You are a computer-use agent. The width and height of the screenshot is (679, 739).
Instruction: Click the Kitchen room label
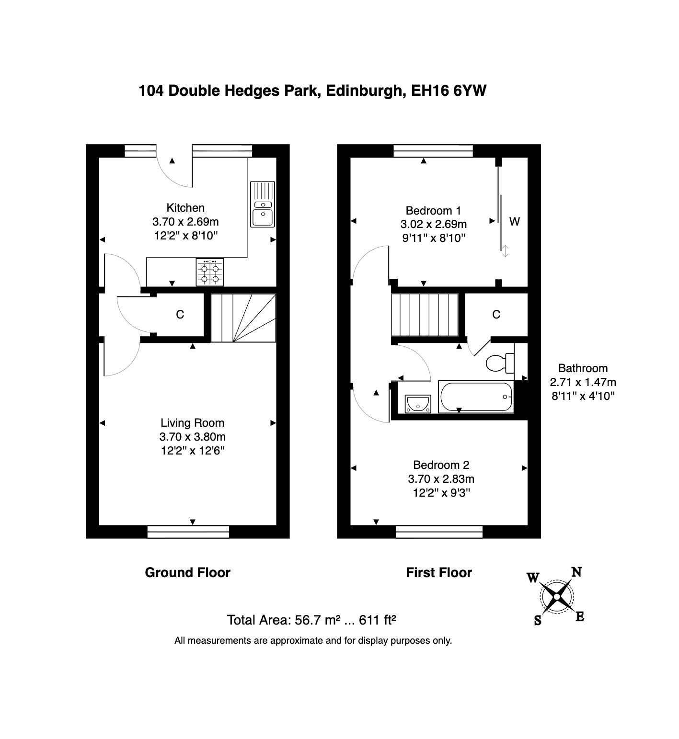pyautogui.click(x=185, y=208)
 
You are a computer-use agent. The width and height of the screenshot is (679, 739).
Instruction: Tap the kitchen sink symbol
pyautogui.click(x=263, y=204)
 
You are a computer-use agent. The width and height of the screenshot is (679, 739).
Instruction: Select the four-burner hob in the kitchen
pyautogui.click(x=210, y=272)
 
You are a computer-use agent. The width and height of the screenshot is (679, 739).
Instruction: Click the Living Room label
pyautogui.click(x=192, y=423)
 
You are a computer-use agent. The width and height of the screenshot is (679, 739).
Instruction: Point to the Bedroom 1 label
pyautogui.click(x=433, y=211)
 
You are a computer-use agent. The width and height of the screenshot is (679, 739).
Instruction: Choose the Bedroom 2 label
pyautogui.click(x=441, y=465)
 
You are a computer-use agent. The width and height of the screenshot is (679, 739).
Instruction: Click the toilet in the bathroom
pyautogui.click(x=500, y=363)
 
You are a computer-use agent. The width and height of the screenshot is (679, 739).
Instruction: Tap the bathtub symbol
pyautogui.click(x=476, y=397)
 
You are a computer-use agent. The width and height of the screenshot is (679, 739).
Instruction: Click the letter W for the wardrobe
pyautogui.click(x=514, y=222)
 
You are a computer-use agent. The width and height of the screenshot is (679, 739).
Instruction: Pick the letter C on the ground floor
pyautogui.click(x=180, y=315)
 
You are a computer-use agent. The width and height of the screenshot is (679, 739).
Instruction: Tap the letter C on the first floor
pyautogui.click(x=496, y=315)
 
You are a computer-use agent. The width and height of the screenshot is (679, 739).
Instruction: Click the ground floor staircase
pyautogui.click(x=244, y=318)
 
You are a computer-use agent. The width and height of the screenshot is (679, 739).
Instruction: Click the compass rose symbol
pyautogui.click(x=556, y=596)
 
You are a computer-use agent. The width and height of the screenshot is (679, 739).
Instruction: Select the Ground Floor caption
pyautogui.click(x=187, y=573)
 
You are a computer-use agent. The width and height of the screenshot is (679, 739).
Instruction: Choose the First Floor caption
pyautogui.click(x=439, y=573)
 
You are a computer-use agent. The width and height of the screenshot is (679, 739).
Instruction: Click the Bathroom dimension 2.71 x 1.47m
pyautogui.click(x=583, y=382)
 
